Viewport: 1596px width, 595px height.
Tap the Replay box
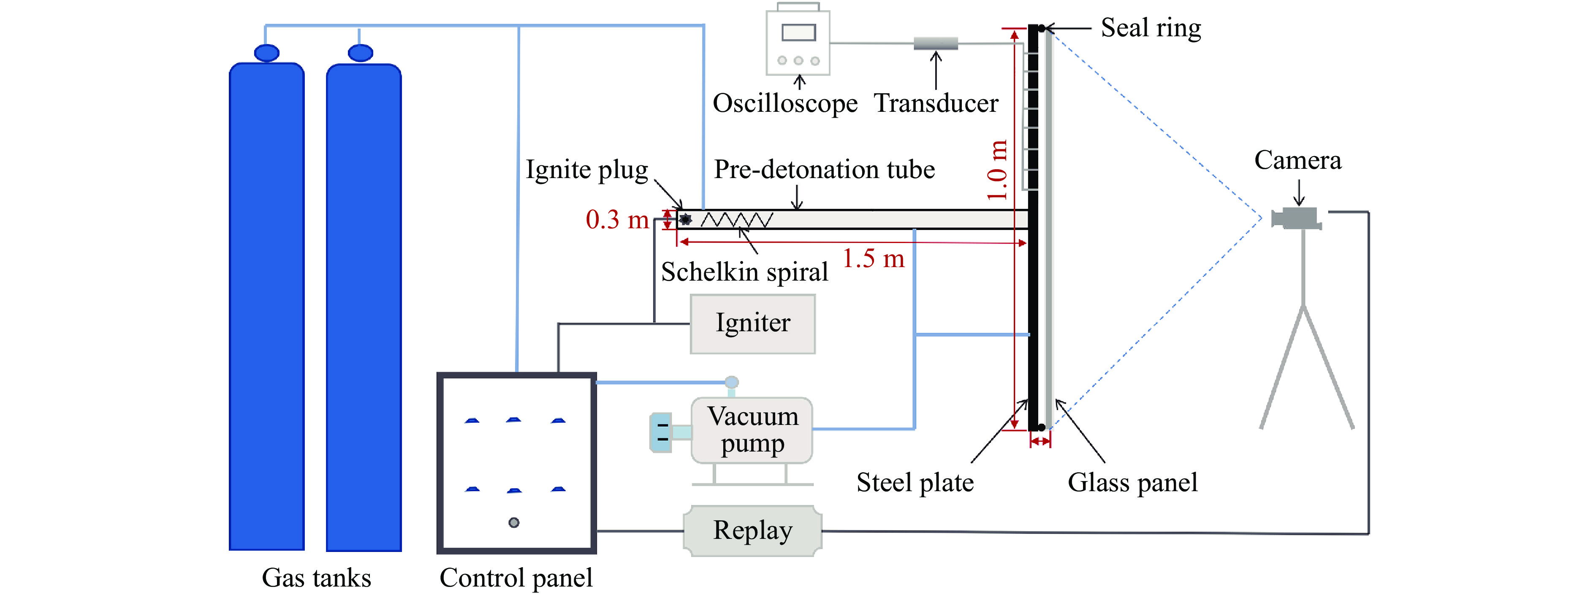(x=752, y=530)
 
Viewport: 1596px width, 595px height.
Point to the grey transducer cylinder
(x=936, y=43)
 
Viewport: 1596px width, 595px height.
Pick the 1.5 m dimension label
(x=873, y=259)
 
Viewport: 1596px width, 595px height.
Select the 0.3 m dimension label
(x=617, y=220)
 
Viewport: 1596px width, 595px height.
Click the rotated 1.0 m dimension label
(x=997, y=170)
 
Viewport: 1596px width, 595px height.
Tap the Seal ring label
(x=1151, y=28)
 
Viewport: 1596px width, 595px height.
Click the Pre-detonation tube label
(x=824, y=170)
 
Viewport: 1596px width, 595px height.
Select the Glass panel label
(x=1132, y=482)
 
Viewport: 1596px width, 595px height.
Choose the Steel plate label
(x=915, y=482)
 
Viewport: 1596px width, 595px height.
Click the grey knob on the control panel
(x=513, y=522)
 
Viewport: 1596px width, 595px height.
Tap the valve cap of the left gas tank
(x=266, y=53)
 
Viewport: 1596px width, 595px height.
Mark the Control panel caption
(x=516, y=578)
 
